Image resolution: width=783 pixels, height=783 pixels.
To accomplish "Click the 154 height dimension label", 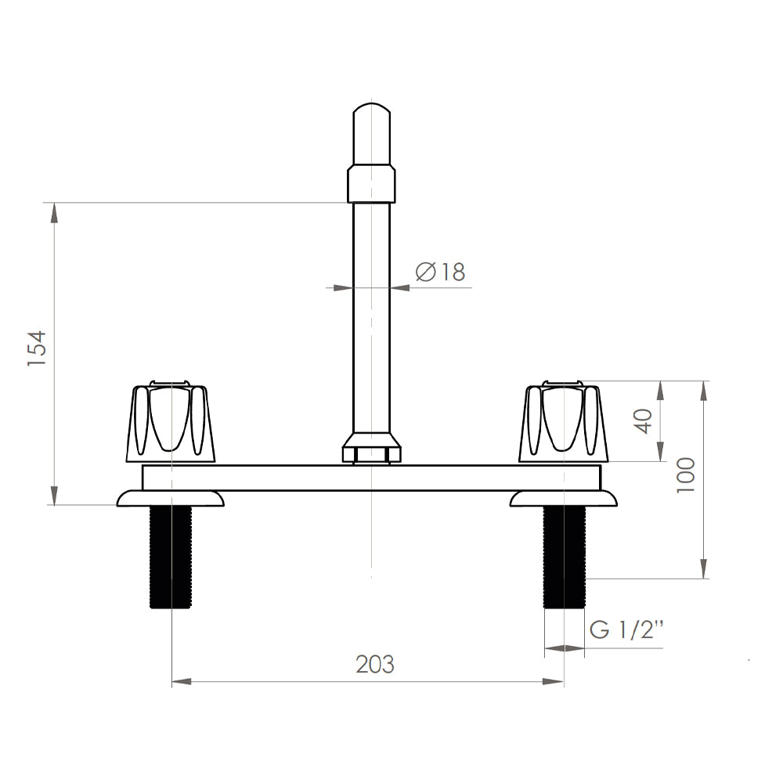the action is pos(37,348).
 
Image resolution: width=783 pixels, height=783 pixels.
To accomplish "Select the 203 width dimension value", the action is pos(375,664).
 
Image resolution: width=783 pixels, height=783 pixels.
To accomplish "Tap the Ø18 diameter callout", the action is pos(440,272).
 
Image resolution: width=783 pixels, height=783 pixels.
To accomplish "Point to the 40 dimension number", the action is pos(643,421).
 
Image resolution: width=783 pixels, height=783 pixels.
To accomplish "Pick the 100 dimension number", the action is pos(686,475).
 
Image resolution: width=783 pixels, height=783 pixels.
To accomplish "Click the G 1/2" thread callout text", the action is pos(626,630).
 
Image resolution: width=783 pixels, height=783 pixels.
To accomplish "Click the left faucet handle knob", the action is pos(170,421).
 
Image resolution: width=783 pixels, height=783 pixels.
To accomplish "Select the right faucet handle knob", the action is pos(563,421).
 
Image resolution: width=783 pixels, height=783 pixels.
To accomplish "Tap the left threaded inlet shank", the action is pos(171,557).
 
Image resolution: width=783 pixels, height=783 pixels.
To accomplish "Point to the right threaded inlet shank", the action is pos(564,557).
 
